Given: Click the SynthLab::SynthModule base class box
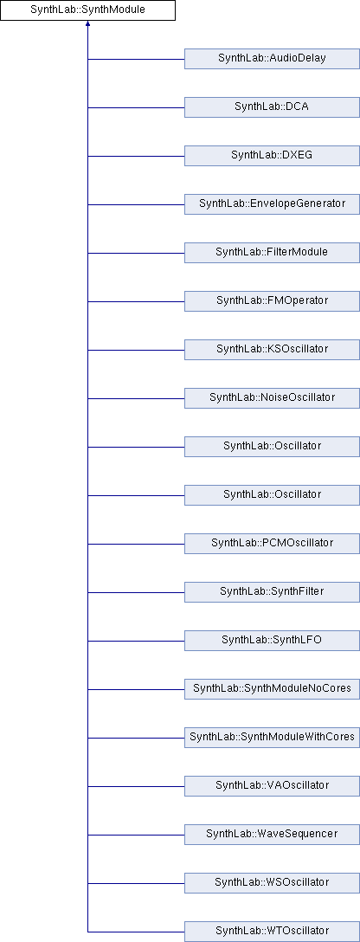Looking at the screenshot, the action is point(87,10).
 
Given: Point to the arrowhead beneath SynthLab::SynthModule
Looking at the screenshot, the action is point(87,23).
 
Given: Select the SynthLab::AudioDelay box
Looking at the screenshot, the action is point(272,59).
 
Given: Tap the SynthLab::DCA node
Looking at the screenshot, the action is point(272,107).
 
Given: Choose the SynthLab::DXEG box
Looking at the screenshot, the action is point(272,156).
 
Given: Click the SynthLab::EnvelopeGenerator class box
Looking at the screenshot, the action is point(272,204).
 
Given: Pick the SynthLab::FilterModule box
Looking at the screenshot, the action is point(272,253).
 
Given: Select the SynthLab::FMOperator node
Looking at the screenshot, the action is point(272,301).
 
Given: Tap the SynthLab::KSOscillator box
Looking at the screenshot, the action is point(272,350).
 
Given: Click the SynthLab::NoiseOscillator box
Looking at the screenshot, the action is point(272,398).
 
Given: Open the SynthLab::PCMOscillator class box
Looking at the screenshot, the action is point(272,544).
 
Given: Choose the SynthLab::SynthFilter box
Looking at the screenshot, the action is point(272,591).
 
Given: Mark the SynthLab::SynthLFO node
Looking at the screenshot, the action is point(272,641).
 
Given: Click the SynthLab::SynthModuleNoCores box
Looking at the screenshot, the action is point(272,689).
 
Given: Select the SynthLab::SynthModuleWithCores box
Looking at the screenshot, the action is point(272,737).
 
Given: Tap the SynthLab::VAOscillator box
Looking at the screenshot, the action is point(272,786).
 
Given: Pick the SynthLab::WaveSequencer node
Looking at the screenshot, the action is point(272,835).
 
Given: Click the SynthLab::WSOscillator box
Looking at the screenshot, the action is point(272,882).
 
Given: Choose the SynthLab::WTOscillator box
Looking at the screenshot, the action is point(272,932).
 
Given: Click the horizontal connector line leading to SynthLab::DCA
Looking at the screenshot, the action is point(136,107).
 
